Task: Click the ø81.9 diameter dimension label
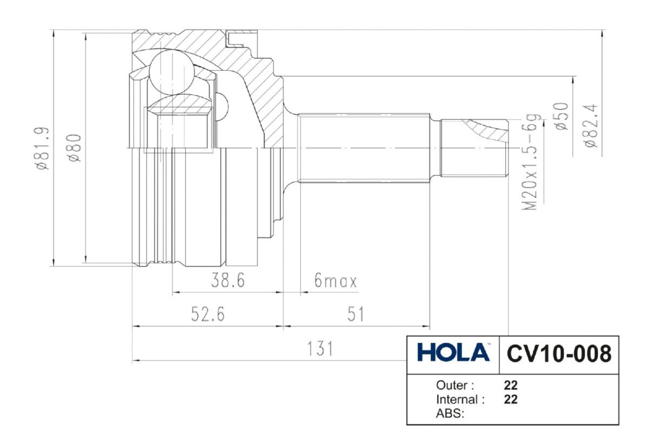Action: click(42, 148)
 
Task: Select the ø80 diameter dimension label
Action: click(74, 148)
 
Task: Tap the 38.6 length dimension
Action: click(228, 280)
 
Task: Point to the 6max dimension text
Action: click(335, 280)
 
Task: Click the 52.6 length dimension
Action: click(208, 314)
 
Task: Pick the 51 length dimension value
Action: click(355, 314)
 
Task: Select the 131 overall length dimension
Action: click(320, 349)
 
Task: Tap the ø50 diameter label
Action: click(561, 116)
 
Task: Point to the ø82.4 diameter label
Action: click(591, 126)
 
